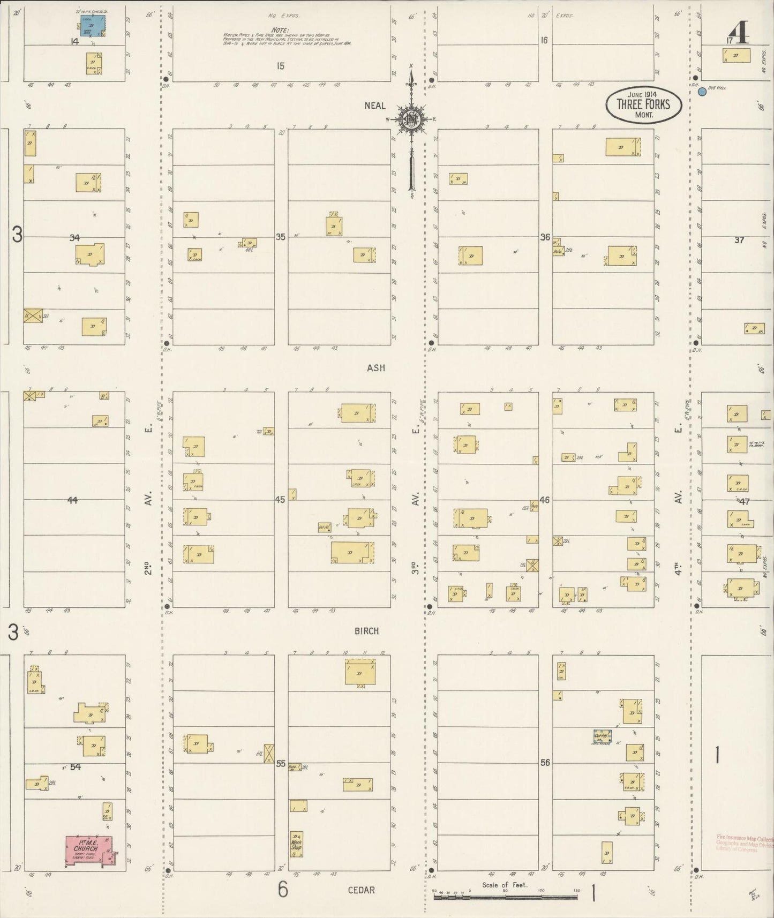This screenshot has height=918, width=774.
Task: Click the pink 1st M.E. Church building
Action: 89,851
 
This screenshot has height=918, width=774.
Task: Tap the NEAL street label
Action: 375,106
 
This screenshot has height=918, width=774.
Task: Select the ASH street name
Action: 376,368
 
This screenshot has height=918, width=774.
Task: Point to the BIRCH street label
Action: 366,631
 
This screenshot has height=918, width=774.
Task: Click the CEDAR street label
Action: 362,890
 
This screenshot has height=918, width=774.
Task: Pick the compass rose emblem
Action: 411,121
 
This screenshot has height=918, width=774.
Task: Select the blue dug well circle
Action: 702,92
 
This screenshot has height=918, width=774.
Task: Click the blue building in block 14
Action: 92,26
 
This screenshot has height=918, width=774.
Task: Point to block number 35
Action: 281,236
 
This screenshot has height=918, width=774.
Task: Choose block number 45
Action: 281,500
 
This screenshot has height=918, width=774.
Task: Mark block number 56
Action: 545,763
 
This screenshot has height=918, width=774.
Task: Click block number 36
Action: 545,237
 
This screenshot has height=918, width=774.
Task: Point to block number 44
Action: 72,500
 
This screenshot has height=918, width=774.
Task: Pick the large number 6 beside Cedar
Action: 283,890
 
